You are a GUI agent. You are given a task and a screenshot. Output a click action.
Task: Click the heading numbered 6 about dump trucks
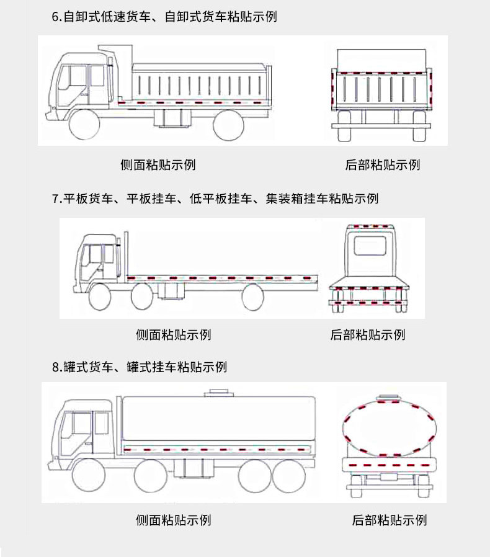tap(164, 17)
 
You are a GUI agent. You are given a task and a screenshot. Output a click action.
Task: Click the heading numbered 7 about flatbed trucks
tap(215, 198)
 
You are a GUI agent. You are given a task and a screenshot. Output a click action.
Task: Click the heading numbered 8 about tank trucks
tap(140, 367)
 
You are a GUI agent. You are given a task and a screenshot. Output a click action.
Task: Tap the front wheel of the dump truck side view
tap(84, 125)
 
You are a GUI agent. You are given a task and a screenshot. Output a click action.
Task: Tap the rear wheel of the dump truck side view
tap(228, 125)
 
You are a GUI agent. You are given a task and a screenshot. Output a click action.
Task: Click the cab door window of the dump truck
tap(97, 76)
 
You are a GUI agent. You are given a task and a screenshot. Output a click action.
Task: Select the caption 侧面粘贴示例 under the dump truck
tap(158, 164)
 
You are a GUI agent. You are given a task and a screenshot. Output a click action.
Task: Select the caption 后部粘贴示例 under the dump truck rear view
tap(383, 164)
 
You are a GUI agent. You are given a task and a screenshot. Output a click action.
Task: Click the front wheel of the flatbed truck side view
tap(100, 298)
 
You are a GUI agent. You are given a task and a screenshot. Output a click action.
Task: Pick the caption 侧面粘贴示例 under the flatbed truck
tap(174, 334)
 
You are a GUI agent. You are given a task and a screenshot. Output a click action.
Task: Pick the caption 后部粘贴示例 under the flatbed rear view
tap(368, 334)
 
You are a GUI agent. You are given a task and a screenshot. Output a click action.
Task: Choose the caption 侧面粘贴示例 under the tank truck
tap(174, 519)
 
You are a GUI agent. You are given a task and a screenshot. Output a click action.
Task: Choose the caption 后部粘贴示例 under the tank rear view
tap(390, 520)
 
